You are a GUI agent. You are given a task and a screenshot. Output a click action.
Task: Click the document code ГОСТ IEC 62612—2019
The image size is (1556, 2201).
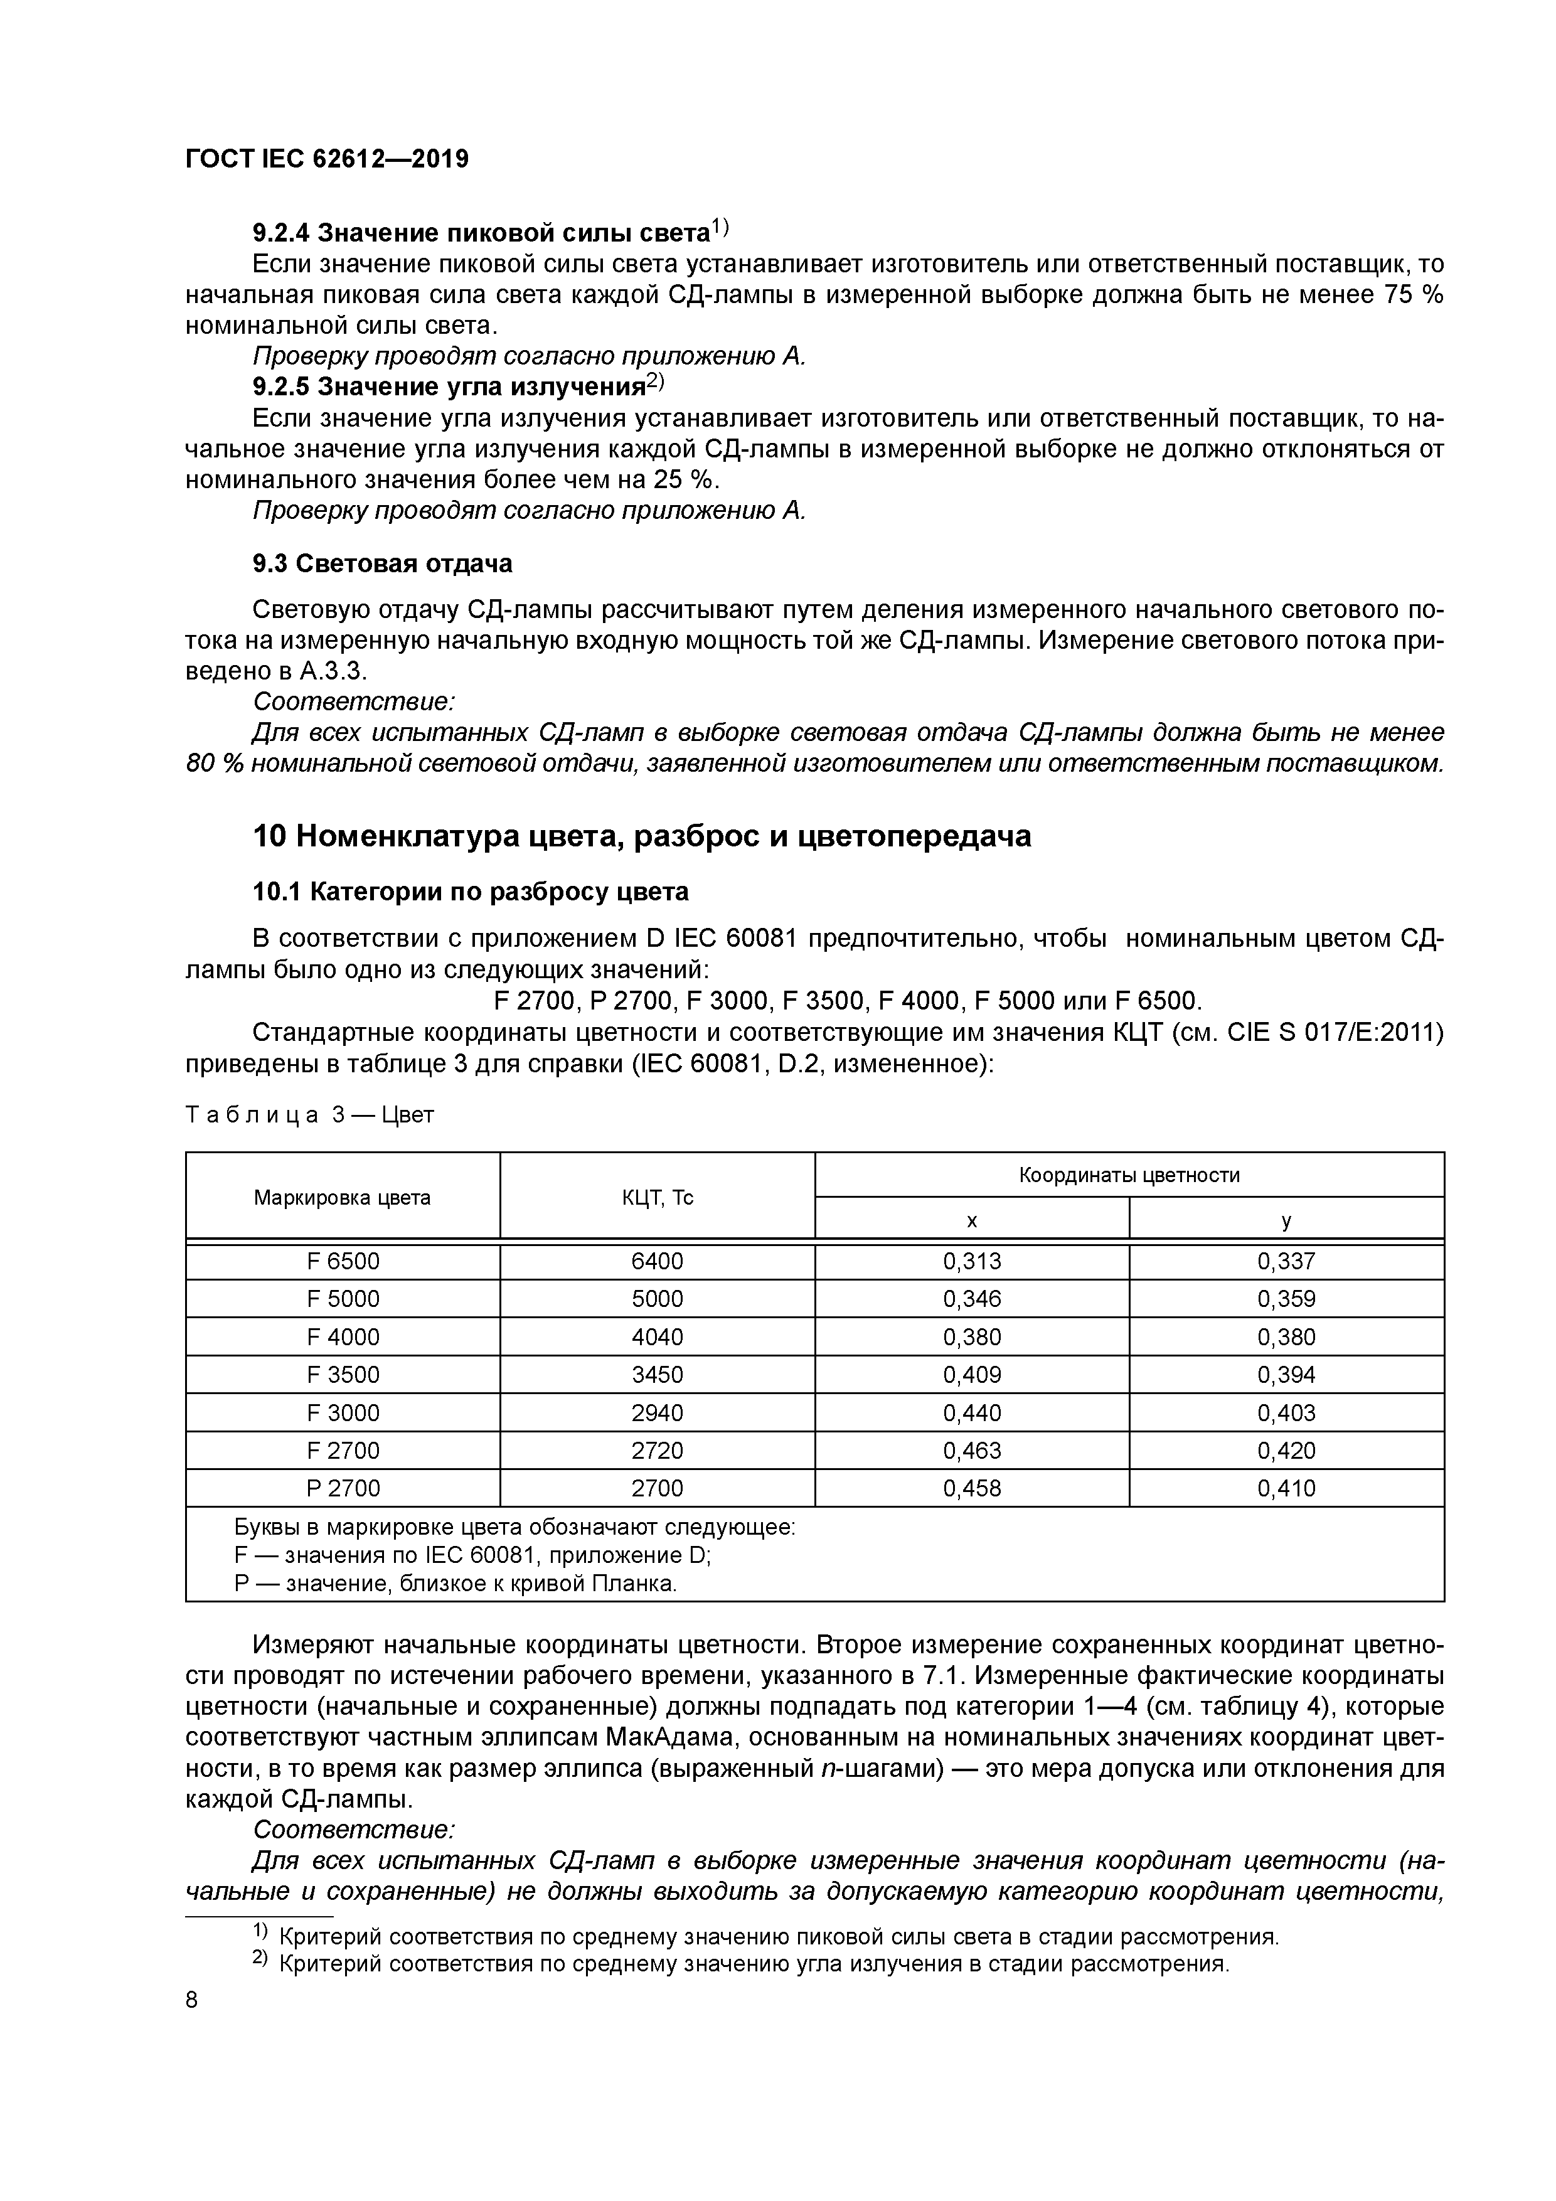(327, 159)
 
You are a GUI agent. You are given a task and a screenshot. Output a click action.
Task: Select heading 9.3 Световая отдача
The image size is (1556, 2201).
(381, 563)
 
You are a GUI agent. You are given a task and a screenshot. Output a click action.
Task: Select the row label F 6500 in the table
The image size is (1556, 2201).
(343, 1262)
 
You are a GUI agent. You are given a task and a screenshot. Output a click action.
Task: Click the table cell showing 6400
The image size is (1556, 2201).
(657, 1262)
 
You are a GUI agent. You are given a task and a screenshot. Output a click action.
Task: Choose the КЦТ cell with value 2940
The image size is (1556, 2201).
(657, 1413)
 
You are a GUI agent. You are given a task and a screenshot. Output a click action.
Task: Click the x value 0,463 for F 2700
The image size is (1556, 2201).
(971, 1451)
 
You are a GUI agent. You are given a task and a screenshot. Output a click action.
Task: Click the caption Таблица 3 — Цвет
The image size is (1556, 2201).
(309, 1115)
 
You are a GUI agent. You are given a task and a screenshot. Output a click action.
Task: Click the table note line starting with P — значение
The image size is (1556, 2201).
(456, 1584)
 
